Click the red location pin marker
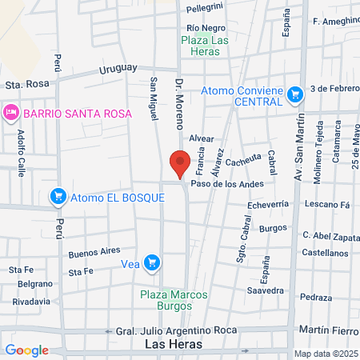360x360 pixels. [x=180, y=164]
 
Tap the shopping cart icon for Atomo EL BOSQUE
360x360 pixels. [x=58, y=196]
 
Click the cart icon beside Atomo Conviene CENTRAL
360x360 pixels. [x=295, y=95]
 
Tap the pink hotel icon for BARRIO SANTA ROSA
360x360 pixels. [x=10, y=112]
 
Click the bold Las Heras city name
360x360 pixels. [x=174, y=344]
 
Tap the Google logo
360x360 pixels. [x=26, y=350]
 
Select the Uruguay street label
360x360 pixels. [x=118, y=70]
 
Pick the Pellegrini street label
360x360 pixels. [x=205, y=8]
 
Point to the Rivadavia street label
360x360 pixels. [x=32, y=302]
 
